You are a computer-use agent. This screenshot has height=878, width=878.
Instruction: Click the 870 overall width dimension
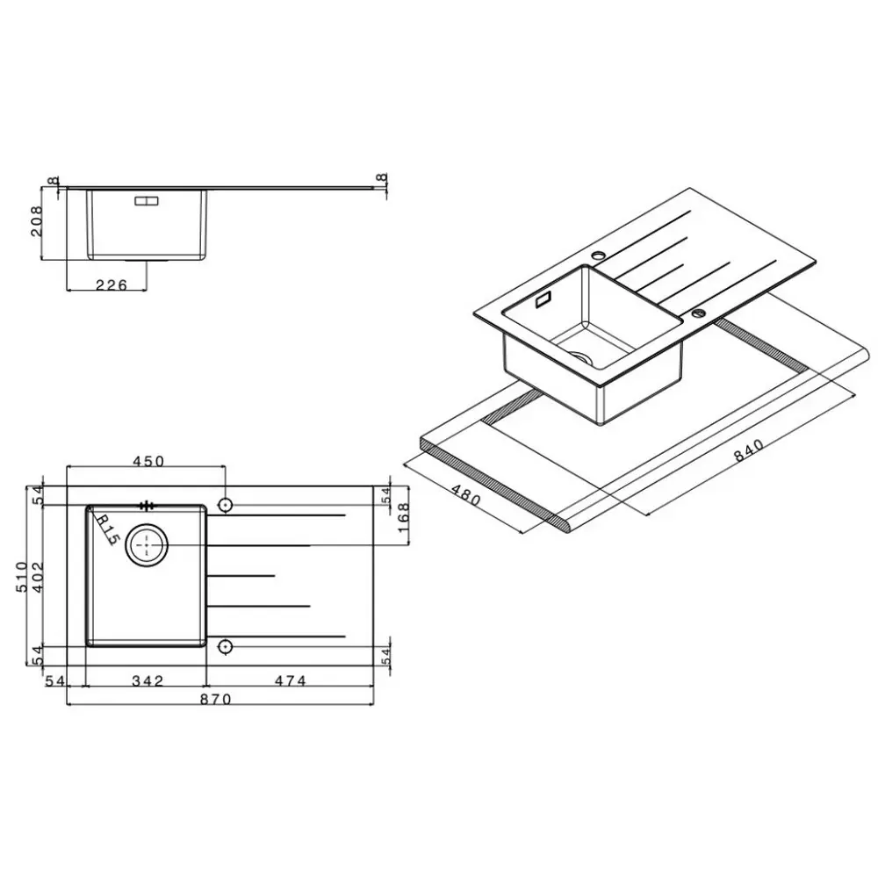[x=216, y=699]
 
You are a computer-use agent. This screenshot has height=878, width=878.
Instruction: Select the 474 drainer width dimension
[x=291, y=681]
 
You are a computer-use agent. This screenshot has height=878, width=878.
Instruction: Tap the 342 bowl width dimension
[x=148, y=681]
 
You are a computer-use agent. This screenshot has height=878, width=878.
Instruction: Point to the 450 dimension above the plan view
[x=148, y=461]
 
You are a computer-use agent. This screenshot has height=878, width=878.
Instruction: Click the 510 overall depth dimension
[x=21, y=577]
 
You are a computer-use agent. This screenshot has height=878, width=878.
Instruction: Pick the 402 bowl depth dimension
[x=37, y=577]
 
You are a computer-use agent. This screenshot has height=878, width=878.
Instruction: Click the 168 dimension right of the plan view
[x=403, y=518]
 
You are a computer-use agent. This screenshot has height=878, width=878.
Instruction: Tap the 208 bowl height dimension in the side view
[x=36, y=221]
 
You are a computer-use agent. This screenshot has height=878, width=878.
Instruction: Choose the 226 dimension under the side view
[x=112, y=285]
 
